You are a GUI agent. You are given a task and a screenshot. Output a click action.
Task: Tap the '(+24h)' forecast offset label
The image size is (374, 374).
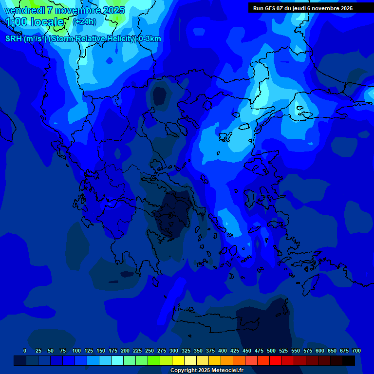(x=84, y=21)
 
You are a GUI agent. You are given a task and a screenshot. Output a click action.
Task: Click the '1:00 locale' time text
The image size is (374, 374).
(x=35, y=22)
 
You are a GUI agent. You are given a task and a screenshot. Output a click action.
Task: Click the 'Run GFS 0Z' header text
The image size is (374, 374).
(x=269, y=8)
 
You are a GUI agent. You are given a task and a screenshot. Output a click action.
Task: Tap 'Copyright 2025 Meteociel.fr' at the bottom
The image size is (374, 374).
(x=206, y=370)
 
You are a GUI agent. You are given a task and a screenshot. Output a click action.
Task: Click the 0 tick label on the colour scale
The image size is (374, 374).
(x=25, y=351)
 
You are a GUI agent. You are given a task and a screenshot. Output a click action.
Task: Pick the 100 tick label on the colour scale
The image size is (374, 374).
(x=76, y=351)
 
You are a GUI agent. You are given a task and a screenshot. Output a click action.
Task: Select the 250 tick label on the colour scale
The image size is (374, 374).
(x=150, y=351)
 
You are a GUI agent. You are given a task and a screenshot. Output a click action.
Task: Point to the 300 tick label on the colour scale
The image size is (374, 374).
(x=174, y=351)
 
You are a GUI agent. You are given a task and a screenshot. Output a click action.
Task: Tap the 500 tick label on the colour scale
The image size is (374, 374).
(x=271, y=351)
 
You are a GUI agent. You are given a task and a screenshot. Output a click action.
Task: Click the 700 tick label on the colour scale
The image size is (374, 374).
(x=356, y=351)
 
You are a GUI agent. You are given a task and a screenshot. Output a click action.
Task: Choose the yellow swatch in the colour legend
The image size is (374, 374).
(x=178, y=360)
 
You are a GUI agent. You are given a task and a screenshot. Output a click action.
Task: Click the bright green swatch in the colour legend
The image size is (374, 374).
(x=154, y=360)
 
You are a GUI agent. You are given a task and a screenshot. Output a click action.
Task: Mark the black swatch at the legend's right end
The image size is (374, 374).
(x=349, y=360)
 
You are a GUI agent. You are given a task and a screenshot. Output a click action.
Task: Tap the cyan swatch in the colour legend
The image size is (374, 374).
(x=117, y=360)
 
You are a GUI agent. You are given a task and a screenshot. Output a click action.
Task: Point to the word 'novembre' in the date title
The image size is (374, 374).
(x=75, y=10)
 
